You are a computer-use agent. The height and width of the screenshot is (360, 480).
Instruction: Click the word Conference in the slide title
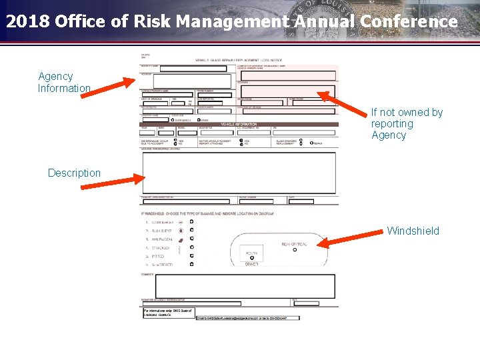(409, 21)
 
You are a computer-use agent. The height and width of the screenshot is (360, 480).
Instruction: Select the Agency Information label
(63, 83)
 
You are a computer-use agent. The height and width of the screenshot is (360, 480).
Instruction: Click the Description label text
(74, 173)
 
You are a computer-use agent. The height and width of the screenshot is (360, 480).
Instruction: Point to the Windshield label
(413, 231)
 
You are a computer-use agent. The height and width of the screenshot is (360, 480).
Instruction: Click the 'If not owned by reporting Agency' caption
(407, 124)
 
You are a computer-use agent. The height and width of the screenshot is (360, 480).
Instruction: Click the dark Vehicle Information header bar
(239, 124)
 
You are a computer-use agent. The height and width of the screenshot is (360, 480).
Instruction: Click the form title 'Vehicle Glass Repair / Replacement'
(239, 61)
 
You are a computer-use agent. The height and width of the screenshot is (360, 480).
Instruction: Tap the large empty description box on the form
(239, 173)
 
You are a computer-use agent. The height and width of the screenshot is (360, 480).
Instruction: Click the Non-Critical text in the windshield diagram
(295, 245)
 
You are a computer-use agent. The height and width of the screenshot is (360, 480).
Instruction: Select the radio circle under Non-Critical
(295, 250)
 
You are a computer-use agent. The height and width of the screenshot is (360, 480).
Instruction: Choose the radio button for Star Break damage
(192, 221)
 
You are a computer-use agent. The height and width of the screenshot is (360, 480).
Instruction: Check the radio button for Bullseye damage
(192, 230)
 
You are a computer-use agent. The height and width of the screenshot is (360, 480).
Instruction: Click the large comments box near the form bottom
(239, 286)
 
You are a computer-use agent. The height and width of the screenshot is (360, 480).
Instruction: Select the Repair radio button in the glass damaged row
(311, 143)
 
